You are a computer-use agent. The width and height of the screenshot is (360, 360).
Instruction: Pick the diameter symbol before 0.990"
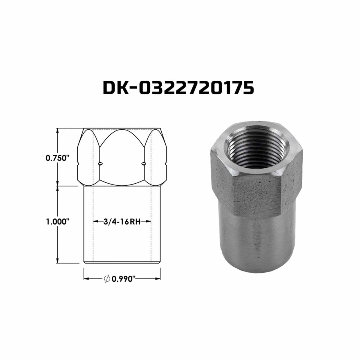(x=106, y=279)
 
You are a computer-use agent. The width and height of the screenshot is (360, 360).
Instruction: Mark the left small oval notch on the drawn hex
(x=100, y=163)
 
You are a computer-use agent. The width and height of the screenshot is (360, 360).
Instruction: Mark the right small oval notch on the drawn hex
(x=144, y=163)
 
